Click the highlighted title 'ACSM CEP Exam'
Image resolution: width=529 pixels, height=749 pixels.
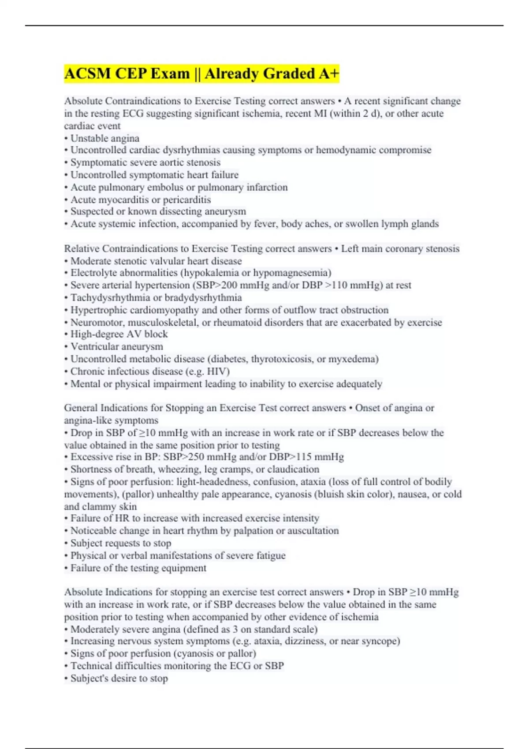(x=127, y=74)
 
